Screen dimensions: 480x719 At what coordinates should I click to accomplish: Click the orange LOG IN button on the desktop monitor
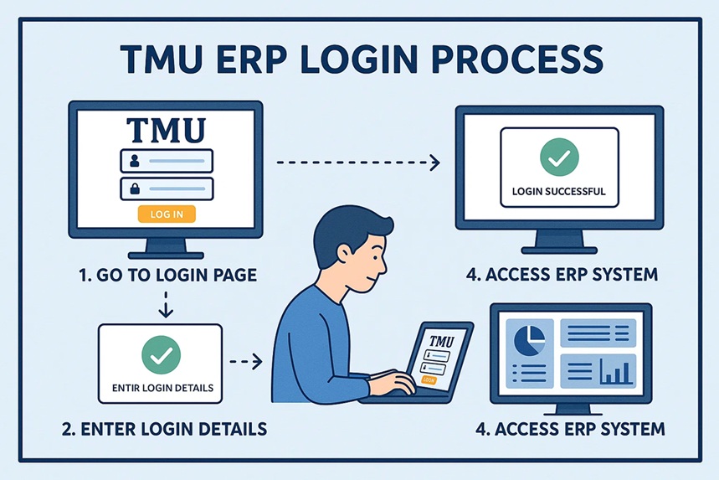point(166,214)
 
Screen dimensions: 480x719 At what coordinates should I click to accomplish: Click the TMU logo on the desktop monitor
point(166,131)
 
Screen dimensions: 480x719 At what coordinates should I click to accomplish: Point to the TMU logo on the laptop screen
point(440,342)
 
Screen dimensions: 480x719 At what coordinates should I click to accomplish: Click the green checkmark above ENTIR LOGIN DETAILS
point(160,354)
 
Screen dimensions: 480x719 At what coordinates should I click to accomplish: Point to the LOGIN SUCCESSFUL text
point(558,191)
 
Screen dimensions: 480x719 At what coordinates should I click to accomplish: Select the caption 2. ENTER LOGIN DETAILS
point(165,429)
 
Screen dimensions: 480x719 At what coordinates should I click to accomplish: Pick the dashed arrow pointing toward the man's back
point(247,362)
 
